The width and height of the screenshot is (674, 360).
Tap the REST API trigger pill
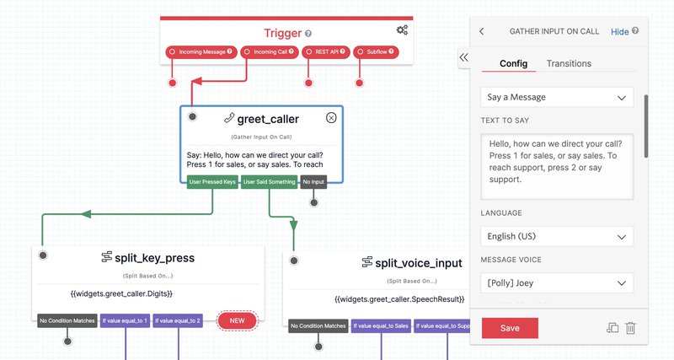coord(324,51)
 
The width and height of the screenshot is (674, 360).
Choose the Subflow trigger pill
coord(376,51)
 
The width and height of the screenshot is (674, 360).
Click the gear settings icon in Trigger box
coord(402,30)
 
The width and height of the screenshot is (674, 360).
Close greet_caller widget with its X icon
coord(331,118)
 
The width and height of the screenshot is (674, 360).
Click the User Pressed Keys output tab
coord(211,181)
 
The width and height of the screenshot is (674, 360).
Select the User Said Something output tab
coord(269,181)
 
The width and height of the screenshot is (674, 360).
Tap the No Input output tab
coord(313,181)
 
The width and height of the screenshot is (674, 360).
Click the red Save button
coord(510,328)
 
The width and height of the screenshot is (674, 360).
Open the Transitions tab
coord(569,63)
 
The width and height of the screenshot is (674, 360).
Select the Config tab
coord(513,63)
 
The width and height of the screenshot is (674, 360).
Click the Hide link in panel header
coord(619,31)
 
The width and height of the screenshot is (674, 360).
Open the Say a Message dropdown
coord(557,97)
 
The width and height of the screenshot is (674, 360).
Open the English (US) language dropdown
coord(557,237)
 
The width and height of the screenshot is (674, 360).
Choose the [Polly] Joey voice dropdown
coord(557,282)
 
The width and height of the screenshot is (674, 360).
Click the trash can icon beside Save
coord(630,328)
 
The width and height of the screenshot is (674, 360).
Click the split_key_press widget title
coord(148,258)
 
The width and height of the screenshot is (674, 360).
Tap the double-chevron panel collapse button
coord(463,57)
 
